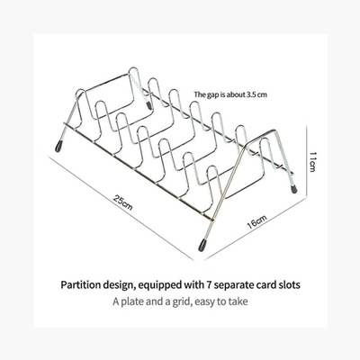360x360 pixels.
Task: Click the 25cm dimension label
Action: (123, 202)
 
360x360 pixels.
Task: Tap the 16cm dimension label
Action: (256, 221)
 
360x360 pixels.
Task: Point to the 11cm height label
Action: (312, 162)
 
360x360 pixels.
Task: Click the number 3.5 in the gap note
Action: (250, 94)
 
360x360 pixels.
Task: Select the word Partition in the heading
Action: (81, 284)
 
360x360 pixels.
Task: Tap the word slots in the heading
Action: (289, 284)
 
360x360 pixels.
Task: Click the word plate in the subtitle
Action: (132, 301)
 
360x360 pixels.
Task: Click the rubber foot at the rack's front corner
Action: (202, 245)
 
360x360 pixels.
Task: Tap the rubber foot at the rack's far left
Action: (58, 146)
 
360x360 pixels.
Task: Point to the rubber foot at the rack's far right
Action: (294, 189)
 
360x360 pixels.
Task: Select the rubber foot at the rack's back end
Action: (148, 105)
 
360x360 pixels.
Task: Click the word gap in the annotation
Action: (211, 95)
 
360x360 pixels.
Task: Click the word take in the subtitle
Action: (238, 301)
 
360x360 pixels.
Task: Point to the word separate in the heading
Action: (234, 285)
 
